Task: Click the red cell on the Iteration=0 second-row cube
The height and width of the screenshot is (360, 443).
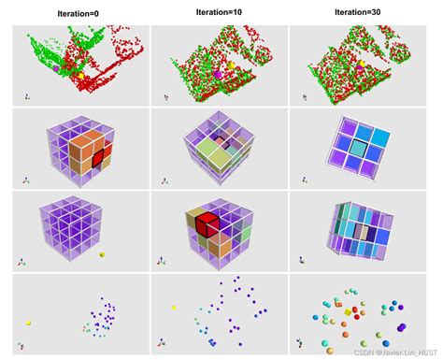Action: tap(101, 152)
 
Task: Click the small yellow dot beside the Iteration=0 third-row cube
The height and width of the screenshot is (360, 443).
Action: tap(102, 253)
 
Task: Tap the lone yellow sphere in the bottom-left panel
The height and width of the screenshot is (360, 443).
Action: tap(29, 323)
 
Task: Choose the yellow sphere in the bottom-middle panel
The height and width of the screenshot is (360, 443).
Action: tap(173, 307)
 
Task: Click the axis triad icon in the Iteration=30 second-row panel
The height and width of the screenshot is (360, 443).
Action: tap(305, 179)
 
